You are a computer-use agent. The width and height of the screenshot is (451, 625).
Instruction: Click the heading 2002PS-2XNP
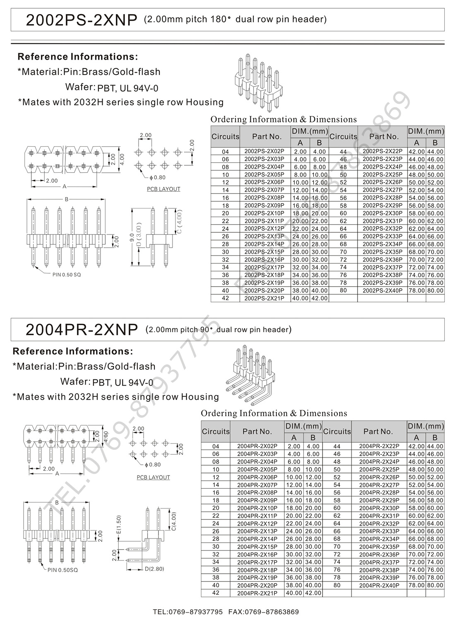[x=81, y=20]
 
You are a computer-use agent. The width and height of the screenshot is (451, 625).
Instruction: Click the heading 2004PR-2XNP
[x=81, y=330]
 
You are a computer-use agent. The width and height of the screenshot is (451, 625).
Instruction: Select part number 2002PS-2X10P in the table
[x=264, y=213]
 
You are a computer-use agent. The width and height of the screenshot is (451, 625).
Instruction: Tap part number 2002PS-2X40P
[x=382, y=290]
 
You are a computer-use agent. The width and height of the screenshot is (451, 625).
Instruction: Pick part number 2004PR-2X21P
[x=257, y=593]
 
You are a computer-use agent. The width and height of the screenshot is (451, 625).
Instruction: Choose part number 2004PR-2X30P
[x=379, y=508]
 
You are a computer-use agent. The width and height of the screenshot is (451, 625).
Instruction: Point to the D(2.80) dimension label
[x=154, y=569]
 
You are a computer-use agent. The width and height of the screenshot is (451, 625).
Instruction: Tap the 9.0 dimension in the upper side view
[x=132, y=238]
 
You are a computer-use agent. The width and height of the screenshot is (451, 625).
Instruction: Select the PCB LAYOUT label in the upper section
[x=163, y=189]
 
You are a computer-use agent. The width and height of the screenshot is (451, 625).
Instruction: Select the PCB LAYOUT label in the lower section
[x=153, y=478]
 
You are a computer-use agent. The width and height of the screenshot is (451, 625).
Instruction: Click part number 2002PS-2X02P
[x=264, y=152]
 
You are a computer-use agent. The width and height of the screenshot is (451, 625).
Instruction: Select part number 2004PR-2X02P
[x=257, y=446]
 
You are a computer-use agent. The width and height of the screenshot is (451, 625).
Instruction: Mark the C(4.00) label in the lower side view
[x=174, y=521]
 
